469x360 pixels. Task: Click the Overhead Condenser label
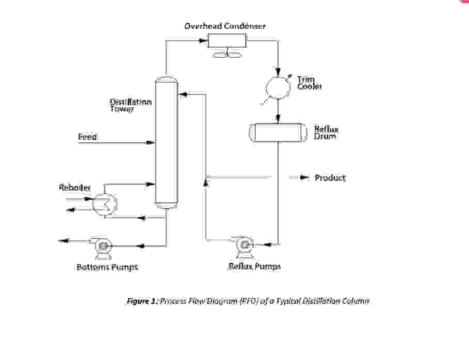tap(225, 26)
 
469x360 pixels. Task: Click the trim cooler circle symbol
tap(278, 88)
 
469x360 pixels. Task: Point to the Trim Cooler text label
tap(309, 83)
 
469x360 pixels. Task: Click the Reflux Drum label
tap(326, 133)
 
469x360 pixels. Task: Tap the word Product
tap(330, 178)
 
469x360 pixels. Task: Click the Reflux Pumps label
tap(254, 267)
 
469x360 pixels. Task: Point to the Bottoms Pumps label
tap(107, 267)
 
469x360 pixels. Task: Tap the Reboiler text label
tap(75, 188)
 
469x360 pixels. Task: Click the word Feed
tap(87, 137)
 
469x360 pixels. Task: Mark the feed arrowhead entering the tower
tap(151, 142)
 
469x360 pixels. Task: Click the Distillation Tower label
tap(131, 105)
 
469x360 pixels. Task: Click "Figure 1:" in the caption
tap(142, 301)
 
